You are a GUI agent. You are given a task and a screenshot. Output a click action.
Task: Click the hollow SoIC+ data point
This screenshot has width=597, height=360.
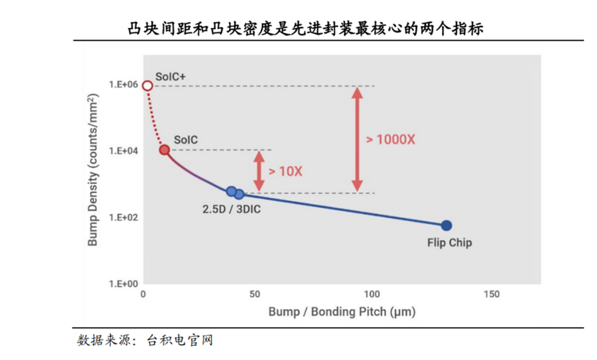(x=147, y=86)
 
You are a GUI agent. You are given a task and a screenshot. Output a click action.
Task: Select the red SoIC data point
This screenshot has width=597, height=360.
(x=164, y=150)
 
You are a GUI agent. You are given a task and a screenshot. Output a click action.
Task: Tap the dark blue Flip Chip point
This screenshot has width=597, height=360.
(x=446, y=225)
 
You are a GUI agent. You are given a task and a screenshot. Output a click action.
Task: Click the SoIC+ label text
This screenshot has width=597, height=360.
(x=170, y=76)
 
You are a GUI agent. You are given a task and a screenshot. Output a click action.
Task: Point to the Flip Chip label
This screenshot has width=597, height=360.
(x=449, y=243)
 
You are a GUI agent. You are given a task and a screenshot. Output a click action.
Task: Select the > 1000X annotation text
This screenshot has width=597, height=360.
(x=391, y=140)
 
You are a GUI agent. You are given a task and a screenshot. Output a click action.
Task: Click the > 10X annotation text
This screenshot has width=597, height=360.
(x=285, y=171)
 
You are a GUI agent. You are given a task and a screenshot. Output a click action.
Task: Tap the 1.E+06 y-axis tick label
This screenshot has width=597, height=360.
(x=124, y=85)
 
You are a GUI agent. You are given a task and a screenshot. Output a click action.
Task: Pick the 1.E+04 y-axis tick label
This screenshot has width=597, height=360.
(x=124, y=151)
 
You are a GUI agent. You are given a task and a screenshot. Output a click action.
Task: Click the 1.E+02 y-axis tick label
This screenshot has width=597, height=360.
(x=124, y=218)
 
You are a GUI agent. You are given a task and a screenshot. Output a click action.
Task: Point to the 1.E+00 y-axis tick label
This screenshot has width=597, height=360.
(x=124, y=284)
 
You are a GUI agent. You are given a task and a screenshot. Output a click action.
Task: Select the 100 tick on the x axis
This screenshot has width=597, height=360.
(x=372, y=294)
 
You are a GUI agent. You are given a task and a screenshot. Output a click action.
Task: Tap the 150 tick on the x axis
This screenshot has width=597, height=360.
(x=491, y=294)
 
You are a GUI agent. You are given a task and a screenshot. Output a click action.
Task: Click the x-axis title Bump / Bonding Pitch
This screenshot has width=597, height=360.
(x=342, y=312)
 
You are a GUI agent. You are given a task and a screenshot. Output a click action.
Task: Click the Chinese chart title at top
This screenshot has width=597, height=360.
(x=305, y=29)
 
